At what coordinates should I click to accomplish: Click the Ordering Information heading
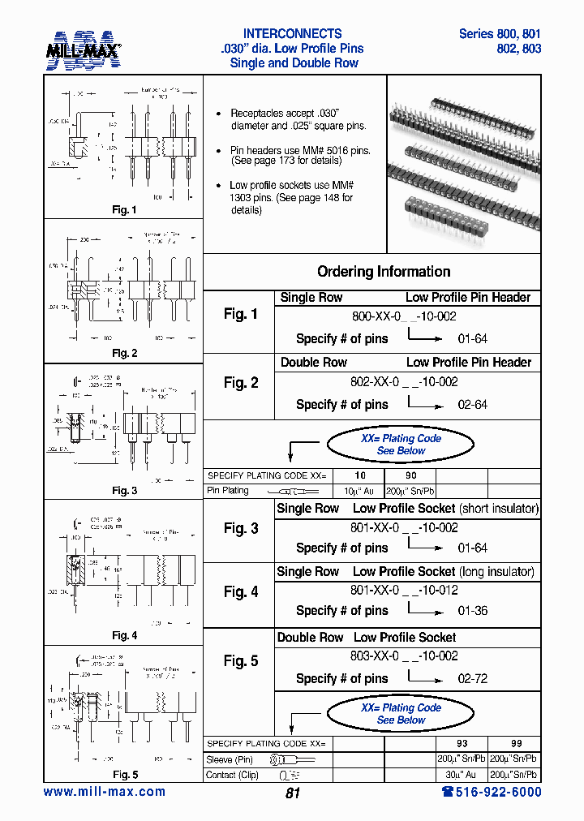coord(384,272)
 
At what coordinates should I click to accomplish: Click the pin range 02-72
coord(472,679)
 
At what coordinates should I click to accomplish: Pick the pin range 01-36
coord(472,611)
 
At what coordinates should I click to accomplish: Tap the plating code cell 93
coord(463,744)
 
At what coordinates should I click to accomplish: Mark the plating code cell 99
coord(516,744)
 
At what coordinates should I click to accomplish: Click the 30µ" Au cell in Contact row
coord(463,775)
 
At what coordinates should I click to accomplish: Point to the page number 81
coord(293,793)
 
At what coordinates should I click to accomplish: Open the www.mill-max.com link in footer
coord(104,792)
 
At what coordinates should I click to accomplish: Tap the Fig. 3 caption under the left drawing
coord(124,490)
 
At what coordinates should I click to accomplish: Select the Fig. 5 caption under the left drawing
coord(124,775)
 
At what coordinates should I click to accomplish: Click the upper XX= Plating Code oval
coord(401,444)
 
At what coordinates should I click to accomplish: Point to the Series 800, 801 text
coord(500,34)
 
